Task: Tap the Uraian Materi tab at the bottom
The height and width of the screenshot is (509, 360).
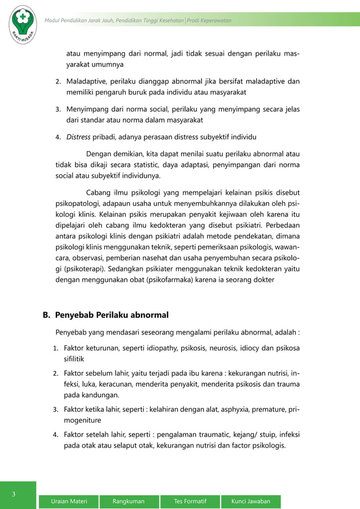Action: click(69, 501)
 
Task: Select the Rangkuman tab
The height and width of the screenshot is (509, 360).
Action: click(128, 501)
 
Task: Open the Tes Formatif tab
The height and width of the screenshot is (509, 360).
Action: click(190, 501)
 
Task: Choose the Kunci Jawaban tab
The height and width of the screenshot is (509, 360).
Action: click(251, 501)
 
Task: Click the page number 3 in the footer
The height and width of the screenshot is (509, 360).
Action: click(14, 494)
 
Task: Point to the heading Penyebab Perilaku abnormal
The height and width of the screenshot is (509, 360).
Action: click(112, 314)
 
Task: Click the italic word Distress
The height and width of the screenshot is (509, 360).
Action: click(78, 136)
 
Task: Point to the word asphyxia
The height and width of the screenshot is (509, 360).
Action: click(226, 409)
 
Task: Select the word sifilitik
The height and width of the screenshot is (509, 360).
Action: click(78, 358)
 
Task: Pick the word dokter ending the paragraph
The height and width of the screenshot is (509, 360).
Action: click(262, 279)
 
